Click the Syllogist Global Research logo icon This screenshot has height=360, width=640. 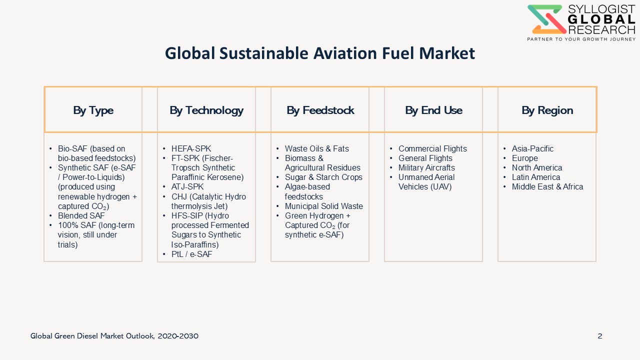coord(546,19)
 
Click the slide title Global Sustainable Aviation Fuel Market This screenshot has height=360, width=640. coord(320,53)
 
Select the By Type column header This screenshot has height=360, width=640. coord(93,110)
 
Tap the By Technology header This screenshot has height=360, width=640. coord(206,110)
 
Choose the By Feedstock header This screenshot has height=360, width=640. coord(320,110)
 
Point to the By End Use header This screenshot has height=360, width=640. coord(433,110)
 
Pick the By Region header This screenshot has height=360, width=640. coord(547,110)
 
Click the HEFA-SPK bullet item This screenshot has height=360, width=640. coord(191,148)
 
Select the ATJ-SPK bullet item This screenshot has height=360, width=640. coord(187,186)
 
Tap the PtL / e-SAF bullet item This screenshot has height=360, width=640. coord(191,254)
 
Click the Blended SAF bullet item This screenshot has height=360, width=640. coord(81,215)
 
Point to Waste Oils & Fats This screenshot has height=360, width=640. coord(317,148)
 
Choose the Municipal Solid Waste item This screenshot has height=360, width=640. coord(323,206)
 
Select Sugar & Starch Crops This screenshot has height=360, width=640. coord(323,177)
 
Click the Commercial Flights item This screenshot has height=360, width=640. coord(432,148)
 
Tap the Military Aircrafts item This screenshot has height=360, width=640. coord(426,167)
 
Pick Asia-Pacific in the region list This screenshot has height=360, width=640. coord(532,148)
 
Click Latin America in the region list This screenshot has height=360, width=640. coord(535,177)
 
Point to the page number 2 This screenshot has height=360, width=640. coord(600,336)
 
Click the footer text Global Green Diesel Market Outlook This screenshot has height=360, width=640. coord(92,336)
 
